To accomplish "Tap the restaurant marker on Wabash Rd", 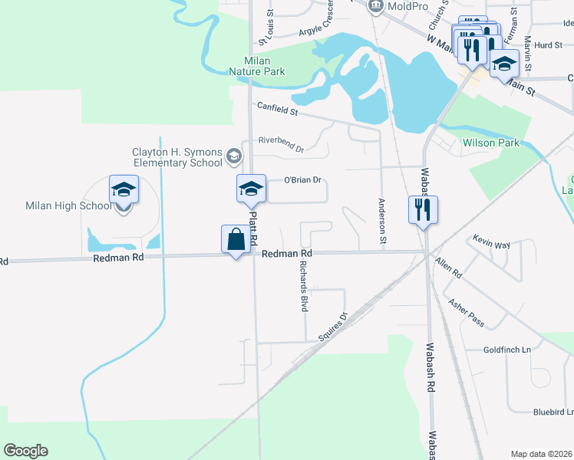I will pos(422,210).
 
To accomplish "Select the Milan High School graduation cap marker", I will pos(123,189).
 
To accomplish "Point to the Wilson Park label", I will pos(490,143).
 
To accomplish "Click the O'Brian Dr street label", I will pos(302,181).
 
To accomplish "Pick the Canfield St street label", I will pos(277,110).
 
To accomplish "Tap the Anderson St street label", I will pos(381,222).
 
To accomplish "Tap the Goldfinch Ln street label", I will pos(507,350).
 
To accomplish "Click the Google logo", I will pos(25,451).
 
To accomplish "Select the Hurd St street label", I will pos(548,46).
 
